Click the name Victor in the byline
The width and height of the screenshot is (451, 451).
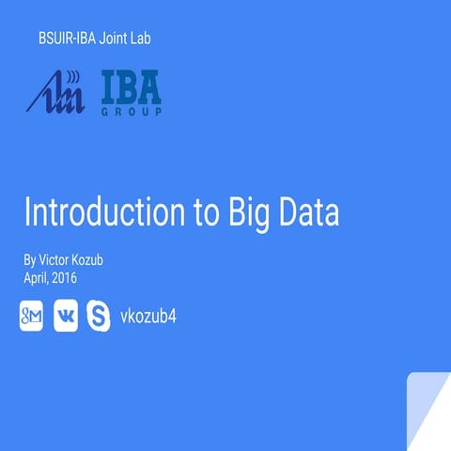[x=56, y=257]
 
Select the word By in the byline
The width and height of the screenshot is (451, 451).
[x=30, y=257]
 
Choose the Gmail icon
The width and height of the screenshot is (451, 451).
[x=32, y=318]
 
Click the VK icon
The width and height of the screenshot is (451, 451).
[x=67, y=318]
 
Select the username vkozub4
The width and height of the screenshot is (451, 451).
[x=149, y=317]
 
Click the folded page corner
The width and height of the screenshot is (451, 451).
[x=428, y=413]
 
